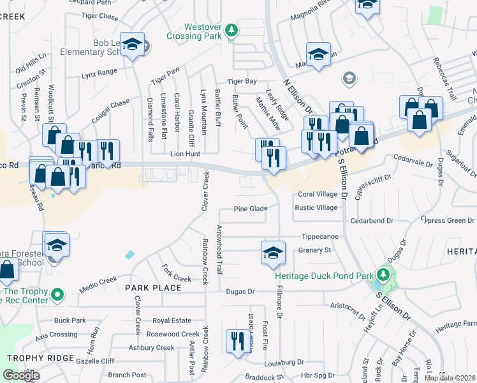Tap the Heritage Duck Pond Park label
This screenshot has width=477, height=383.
tap(325, 276)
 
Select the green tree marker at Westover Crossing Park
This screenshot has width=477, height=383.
tap(232, 30)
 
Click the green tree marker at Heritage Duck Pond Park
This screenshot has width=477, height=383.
tap(383, 275)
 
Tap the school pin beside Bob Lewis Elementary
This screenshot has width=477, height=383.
tap(132, 45)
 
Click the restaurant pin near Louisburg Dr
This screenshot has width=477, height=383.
tap(235, 340)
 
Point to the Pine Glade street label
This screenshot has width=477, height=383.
tap(250, 209)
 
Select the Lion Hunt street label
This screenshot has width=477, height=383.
tap(185, 154)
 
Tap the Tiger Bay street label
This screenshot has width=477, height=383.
tap(243, 81)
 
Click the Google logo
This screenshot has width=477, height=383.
tap(21, 375)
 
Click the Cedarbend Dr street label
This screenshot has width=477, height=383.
tap(372, 220)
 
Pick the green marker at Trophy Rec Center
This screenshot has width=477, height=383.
tap(57, 294)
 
